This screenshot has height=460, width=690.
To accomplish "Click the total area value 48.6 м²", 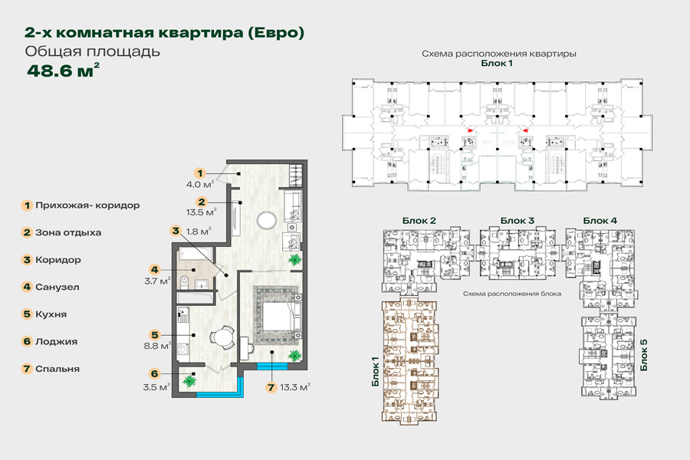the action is click(63, 71).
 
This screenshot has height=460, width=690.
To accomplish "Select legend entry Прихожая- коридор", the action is click(87, 205).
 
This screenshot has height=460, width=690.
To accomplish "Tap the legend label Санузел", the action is click(58, 287).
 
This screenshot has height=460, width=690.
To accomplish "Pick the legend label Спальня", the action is click(58, 370).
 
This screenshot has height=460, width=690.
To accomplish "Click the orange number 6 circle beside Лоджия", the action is click(27, 342).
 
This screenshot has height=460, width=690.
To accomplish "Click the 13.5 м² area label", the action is click(201, 212).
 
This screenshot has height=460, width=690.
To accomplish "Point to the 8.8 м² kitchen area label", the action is click(157, 346).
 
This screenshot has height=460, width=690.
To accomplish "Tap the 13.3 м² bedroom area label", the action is click(295, 387).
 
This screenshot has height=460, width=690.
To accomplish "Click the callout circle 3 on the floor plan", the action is click(176, 231).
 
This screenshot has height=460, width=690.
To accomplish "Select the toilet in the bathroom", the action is click(184, 282).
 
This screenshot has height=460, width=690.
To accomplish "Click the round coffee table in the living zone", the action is click(267, 220).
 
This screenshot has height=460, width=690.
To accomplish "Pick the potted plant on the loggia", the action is click(190, 381).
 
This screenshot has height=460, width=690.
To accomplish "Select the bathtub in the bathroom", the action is click(195, 255).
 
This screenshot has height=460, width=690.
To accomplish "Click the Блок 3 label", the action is click(517, 221).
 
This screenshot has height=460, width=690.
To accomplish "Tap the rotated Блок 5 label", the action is click(644, 355).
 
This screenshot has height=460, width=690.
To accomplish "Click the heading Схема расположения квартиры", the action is click(499, 54).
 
